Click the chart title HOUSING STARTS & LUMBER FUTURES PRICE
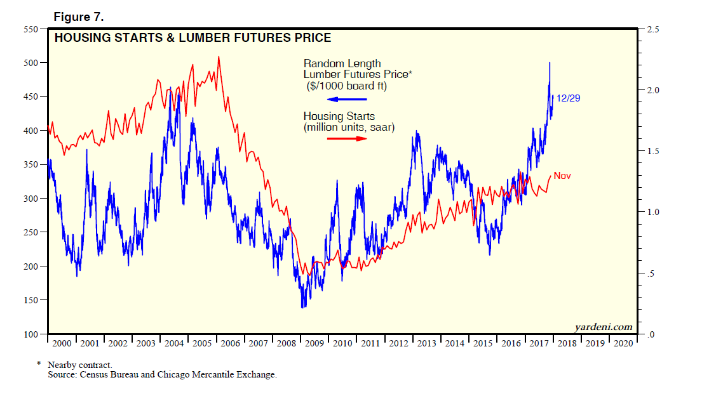(x=193, y=38)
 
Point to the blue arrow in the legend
(x=348, y=99)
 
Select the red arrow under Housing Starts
(x=348, y=138)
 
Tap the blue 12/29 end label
(x=568, y=98)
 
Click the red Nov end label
(x=562, y=176)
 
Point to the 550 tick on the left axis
(x=30, y=29)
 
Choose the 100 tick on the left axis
(x=30, y=334)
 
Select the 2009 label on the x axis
(x=314, y=343)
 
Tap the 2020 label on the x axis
(x=623, y=343)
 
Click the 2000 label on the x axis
(x=62, y=343)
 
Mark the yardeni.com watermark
(x=604, y=327)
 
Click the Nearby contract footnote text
(x=80, y=365)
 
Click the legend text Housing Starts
(x=339, y=117)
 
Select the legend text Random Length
(x=342, y=63)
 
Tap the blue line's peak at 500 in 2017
(x=549, y=63)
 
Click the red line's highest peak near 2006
(x=219, y=56)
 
